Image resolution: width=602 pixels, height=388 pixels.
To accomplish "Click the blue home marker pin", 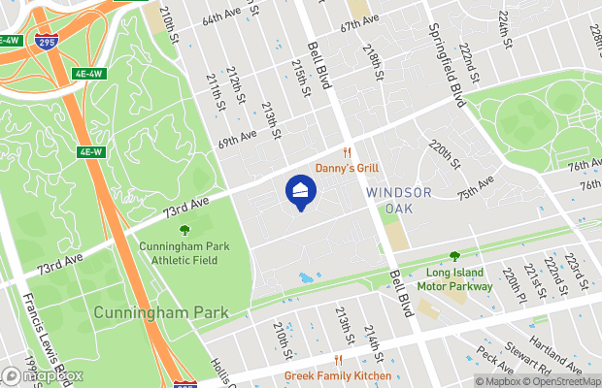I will click(x=300, y=191).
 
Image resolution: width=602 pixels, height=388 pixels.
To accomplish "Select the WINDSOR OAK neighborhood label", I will click(x=398, y=200).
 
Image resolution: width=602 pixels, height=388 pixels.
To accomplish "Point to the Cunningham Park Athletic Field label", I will click(x=184, y=253).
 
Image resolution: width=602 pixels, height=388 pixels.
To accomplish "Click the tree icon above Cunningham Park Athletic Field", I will click(x=184, y=230).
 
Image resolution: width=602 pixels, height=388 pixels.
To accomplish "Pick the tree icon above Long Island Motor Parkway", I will click(x=454, y=256).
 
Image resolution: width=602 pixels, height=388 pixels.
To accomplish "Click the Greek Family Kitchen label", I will click(x=338, y=375).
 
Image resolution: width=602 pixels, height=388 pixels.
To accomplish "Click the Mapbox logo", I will click(x=31, y=375).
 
